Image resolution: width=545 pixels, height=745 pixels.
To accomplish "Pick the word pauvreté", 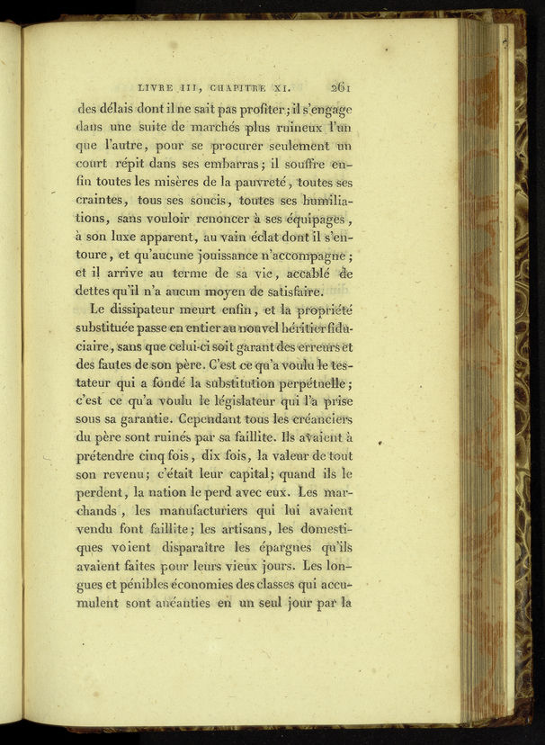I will point(256,184).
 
